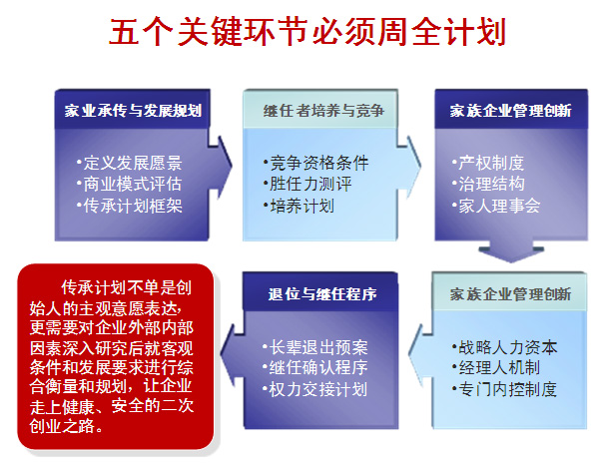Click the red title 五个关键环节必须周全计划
coord(306,32)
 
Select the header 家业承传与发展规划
coord(133,111)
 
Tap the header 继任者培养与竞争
coord(323,111)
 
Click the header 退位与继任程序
coord(322,294)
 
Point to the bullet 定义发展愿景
coord(129,163)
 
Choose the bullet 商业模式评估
coord(129,184)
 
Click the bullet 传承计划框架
coord(129,206)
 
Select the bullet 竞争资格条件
coord(316,163)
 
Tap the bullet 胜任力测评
coord(307,184)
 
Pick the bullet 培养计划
coord(299,206)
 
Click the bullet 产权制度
coord(488,163)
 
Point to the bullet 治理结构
coord(488,184)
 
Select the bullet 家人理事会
coord(496,206)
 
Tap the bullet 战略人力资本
coord(504,347)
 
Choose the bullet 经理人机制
coord(496,368)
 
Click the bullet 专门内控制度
coord(504,389)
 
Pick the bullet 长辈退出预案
coord(314,347)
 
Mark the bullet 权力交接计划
coord(314,389)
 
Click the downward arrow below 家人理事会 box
coord(511,251)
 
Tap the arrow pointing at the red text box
coord(232,354)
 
